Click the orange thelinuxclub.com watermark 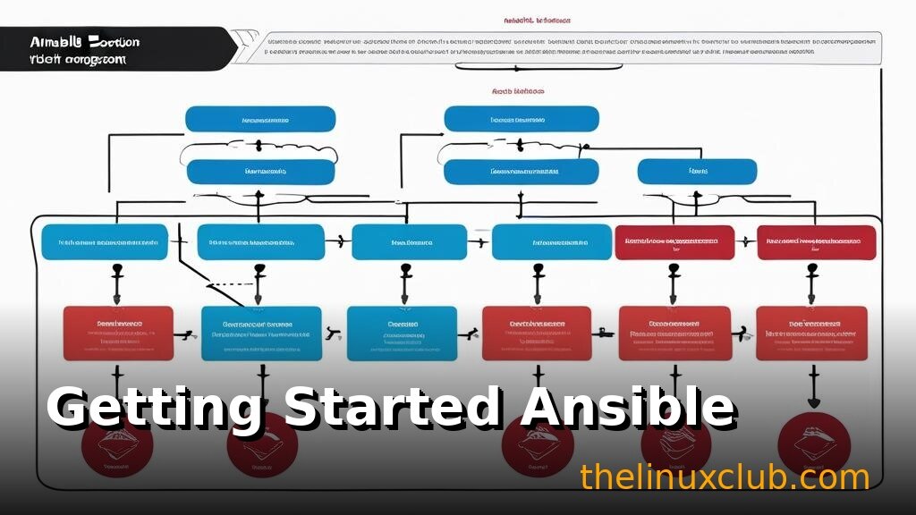pos(724,477)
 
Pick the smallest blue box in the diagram pos(697,171)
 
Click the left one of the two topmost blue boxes pos(260,119)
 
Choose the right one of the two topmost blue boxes pos(522,119)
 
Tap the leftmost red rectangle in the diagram pos(118,333)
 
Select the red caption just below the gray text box pos(518,91)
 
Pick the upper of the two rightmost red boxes pos(816,241)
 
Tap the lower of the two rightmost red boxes pos(811,333)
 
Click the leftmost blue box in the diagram pos(105,242)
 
